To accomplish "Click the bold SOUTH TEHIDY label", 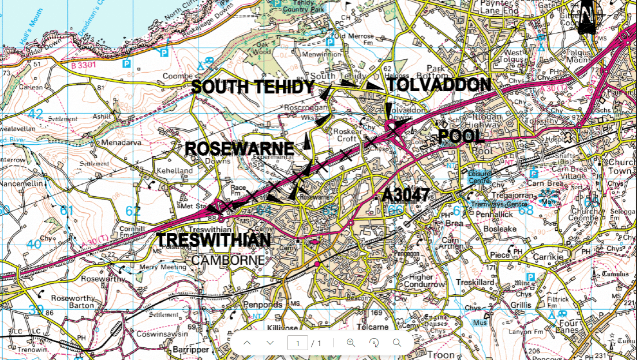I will (253, 87).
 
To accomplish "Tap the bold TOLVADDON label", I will (439, 85).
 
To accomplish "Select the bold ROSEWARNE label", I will (239, 148).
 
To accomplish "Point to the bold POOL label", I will (462, 137).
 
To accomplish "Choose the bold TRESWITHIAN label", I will (214, 240).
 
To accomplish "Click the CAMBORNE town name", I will (228, 260).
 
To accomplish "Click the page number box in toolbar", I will (298, 343).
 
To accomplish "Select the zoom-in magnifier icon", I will (350, 343).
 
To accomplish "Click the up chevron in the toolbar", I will (246, 343).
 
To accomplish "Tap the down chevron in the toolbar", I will (270, 343).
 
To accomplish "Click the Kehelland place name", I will (174, 171).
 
